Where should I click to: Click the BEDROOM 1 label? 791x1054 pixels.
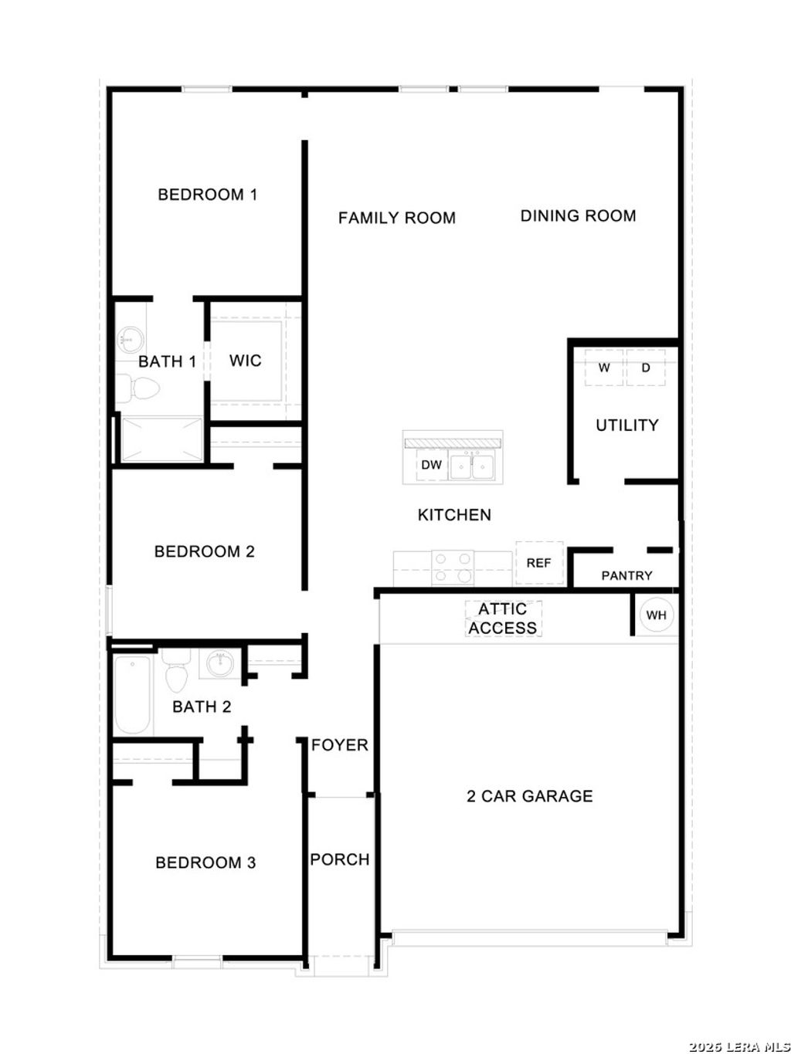click(207, 195)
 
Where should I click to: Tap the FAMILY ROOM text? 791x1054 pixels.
click(396, 219)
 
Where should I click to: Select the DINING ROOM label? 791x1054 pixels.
click(578, 216)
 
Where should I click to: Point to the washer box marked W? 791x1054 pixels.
click(604, 368)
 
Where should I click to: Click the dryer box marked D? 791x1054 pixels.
click(646, 368)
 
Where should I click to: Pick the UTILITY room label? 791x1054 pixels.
click(626, 425)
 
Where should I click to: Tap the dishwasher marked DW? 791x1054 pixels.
click(431, 466)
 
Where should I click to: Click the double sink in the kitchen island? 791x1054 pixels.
click(472, 466)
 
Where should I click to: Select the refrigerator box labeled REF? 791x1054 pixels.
click(538, 563)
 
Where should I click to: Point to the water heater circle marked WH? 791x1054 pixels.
click(656, 615)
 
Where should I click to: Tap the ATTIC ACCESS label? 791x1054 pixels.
click(502, 619)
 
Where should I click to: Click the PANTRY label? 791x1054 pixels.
click(626, 576)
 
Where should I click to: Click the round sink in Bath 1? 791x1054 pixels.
click(131, 339)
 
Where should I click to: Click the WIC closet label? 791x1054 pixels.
click(246, 361)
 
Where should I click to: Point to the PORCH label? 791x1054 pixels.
click(339, 860)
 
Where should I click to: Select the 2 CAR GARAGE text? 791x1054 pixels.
click(529, 797)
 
